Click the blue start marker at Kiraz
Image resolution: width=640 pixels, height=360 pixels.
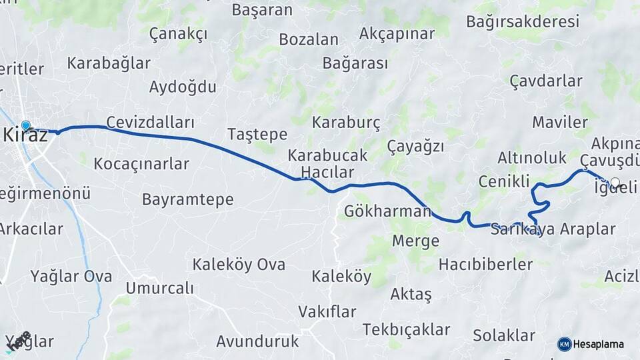tap(26, 125)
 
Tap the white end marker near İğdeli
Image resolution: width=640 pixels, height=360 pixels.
tap(615, 182)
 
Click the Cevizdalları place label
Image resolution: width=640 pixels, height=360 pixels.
tap(150, 123)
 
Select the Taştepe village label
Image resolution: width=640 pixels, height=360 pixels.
tap(257, 134)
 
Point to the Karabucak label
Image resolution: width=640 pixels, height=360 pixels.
tap(327, 156)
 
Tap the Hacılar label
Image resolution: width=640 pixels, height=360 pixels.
tap(327, 173)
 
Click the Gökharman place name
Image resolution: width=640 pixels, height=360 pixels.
tap(387, 212)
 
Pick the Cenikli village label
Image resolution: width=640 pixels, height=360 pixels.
tap(504, 181)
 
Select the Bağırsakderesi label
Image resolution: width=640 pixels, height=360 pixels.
tap(523, 21)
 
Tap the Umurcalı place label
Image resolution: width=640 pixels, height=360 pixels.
tap(159, 289)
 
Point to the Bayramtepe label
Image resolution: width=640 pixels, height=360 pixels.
tap(188, 199)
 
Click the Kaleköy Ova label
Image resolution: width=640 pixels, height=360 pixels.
tap(239, 265)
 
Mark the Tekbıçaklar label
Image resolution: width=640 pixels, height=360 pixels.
tap(407, 329)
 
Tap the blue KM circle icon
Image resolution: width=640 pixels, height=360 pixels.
tap(565, 344)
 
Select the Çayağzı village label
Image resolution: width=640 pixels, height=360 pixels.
tap(415, 147)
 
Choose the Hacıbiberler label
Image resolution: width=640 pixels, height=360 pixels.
tap(485, 265)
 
